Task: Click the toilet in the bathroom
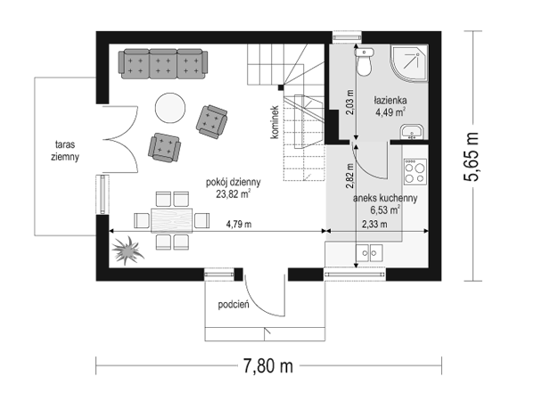point(364,62)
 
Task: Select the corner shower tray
point(408,63)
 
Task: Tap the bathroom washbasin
point(412,132)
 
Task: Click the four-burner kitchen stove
point(415,172)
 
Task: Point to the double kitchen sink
point(369,253)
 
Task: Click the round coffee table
point(170,108)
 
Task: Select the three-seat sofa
point(163,64)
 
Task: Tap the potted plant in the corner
point(127,250)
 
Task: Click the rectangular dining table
point(172,221)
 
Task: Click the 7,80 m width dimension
point(268,366)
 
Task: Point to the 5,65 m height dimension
point(472,156)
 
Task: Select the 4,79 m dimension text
point(239,224)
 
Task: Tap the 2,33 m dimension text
point(374,224)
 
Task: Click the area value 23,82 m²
point(234,193)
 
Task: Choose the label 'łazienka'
point(390,101)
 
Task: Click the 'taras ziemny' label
point(65,151)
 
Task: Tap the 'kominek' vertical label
point(275,122)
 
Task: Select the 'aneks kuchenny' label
point(385,198)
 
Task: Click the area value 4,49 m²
point(390,112)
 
